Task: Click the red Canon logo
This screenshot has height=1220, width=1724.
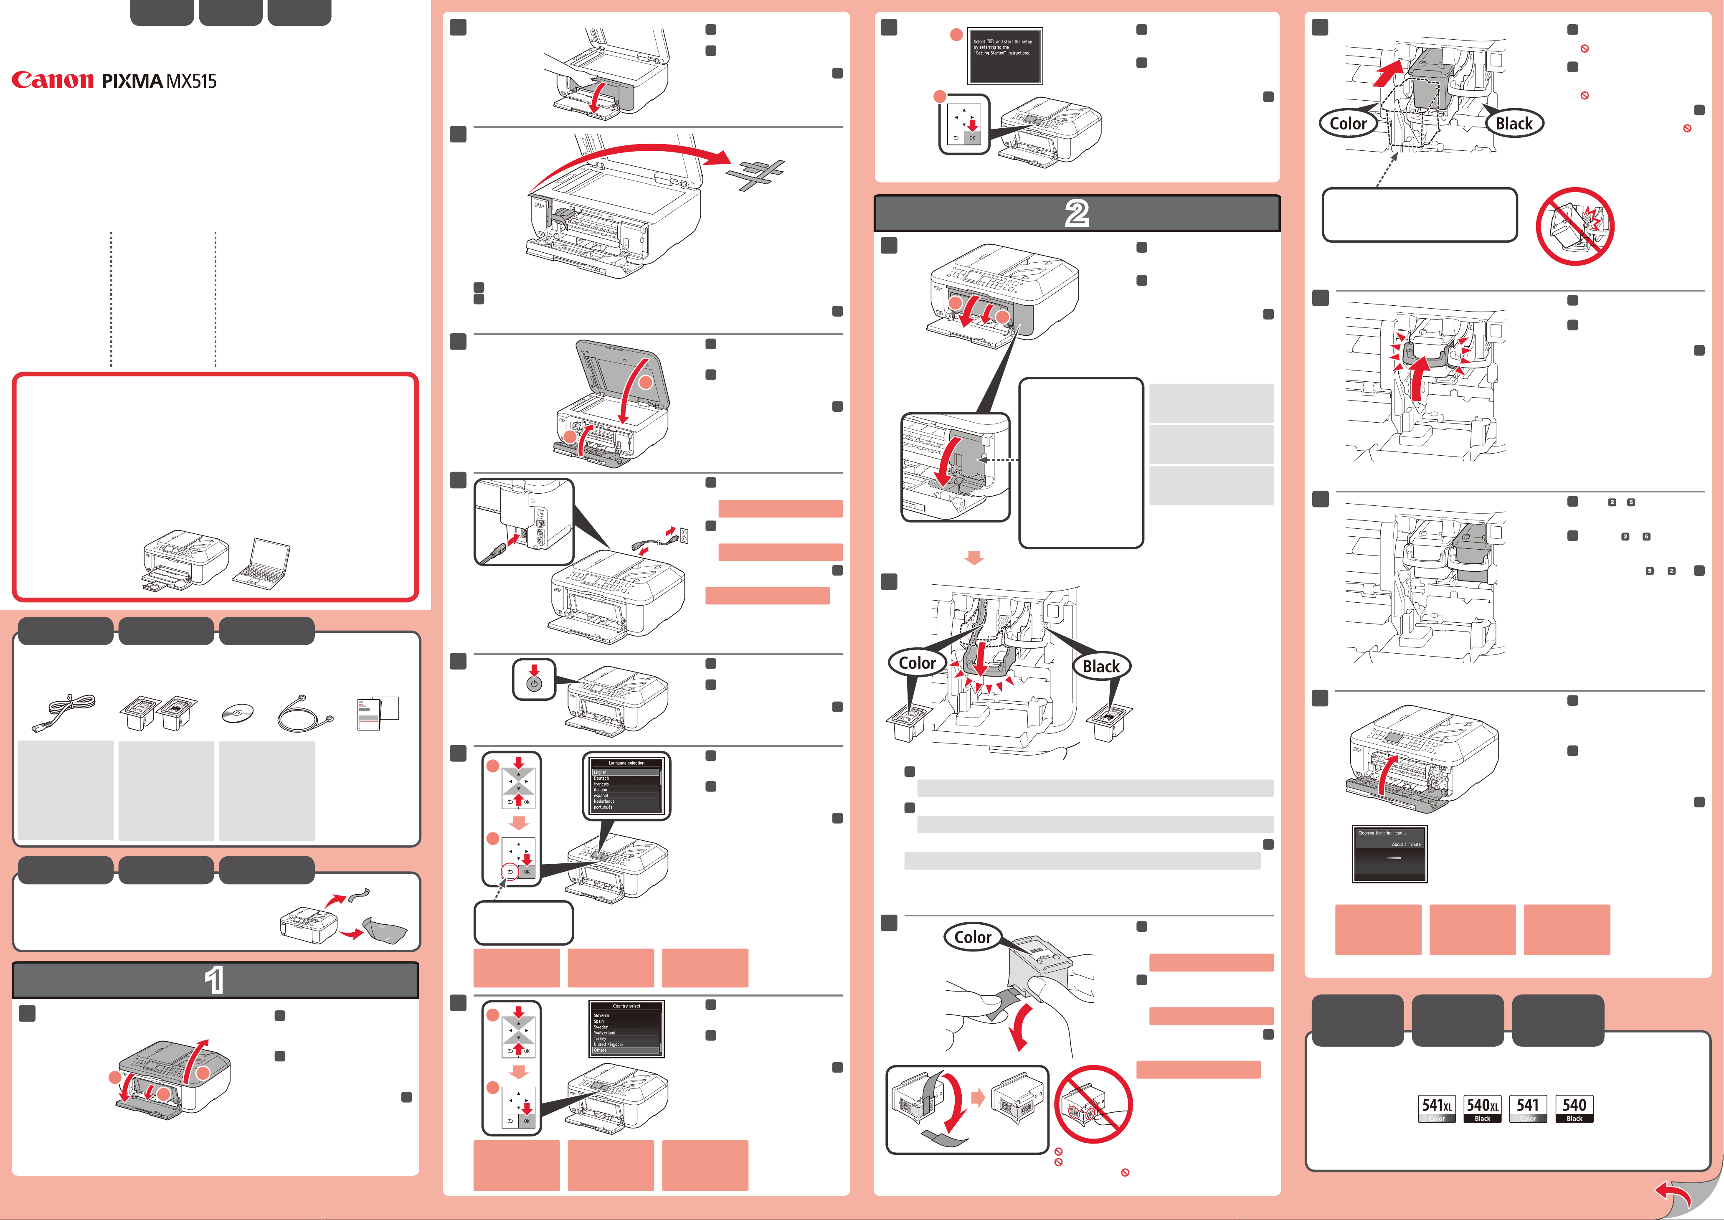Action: (x=53, y=80)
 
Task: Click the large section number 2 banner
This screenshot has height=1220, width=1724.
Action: (x=1077, y=213)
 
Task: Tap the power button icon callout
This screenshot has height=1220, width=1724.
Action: (x=534, y=680)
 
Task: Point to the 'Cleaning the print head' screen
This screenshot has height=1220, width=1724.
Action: (x=1389, y=854)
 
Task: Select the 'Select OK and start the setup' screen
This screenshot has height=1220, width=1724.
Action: (x=1004, y=56)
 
